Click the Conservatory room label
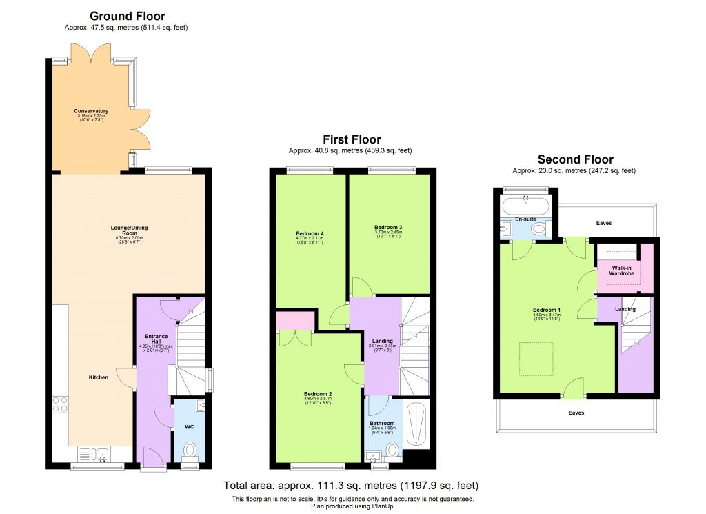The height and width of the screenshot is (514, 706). point(92,111)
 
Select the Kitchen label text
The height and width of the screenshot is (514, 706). point(98,377)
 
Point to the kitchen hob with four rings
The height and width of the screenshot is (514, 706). point(59,404)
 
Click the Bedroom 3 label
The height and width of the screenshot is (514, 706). point(388,227)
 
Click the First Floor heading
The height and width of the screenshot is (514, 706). point(352,140)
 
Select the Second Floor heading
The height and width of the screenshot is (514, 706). point(575,159)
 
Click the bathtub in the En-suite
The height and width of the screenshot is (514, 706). point(525,206)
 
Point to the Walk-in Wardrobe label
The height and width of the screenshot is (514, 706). point(621,270)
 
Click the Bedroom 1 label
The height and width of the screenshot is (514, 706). point(546,310)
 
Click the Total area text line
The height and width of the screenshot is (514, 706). point(352,486)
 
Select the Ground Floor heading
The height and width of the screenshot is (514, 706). point(128,17)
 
